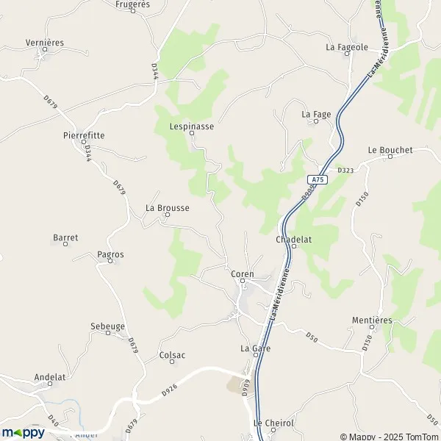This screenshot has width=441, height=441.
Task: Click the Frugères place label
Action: [133, 4]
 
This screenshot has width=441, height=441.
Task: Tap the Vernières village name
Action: [45, 43]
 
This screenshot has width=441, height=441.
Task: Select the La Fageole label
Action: [347, 47]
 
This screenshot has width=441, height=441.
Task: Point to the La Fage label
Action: [316, 114]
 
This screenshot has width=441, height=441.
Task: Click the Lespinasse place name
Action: [191, 126]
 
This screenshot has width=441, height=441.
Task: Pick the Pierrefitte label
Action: [83, 136]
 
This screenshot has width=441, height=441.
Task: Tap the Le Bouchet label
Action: [390, 150]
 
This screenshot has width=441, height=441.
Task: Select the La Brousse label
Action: [168, 208]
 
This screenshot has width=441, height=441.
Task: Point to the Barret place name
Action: [65, 237]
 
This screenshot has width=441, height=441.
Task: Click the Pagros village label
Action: [110, 254]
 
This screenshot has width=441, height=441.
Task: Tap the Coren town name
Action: [242, 274]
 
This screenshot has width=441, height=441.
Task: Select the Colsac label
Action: [172, 355]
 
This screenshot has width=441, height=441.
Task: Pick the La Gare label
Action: [255, 348]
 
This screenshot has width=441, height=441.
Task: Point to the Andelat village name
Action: [50, 377]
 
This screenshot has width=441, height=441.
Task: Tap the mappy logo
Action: [23, 433]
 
